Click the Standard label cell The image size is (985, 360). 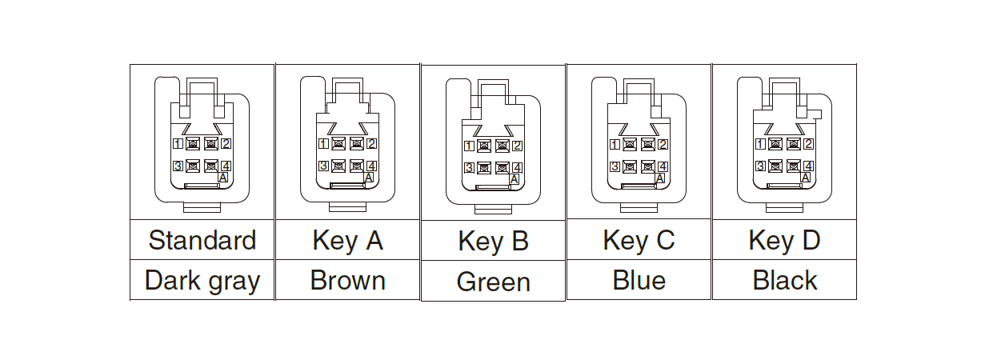coord(202,240)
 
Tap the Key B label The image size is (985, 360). coord(494,242)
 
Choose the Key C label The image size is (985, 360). coord(639,240)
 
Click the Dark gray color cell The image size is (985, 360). coord(202,281)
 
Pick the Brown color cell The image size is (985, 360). coord(348,281)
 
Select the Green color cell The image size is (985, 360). coord(494,282)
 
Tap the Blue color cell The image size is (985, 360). coord(639,280)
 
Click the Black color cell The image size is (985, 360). coord(785,281)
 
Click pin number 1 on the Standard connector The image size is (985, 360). coord(178,144)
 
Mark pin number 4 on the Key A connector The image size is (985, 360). coord(371,166)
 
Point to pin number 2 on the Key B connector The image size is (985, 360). coord(517,146)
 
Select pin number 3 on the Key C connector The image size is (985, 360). coord(615,166)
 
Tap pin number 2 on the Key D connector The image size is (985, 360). coord(808,144)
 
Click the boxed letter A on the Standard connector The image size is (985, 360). coord(223,178)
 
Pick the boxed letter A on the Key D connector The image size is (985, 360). coord(806,178)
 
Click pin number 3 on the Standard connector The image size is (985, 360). coord(178,166)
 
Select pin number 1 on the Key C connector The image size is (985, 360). coord(615,144)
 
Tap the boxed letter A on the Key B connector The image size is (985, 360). coord(514,179)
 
